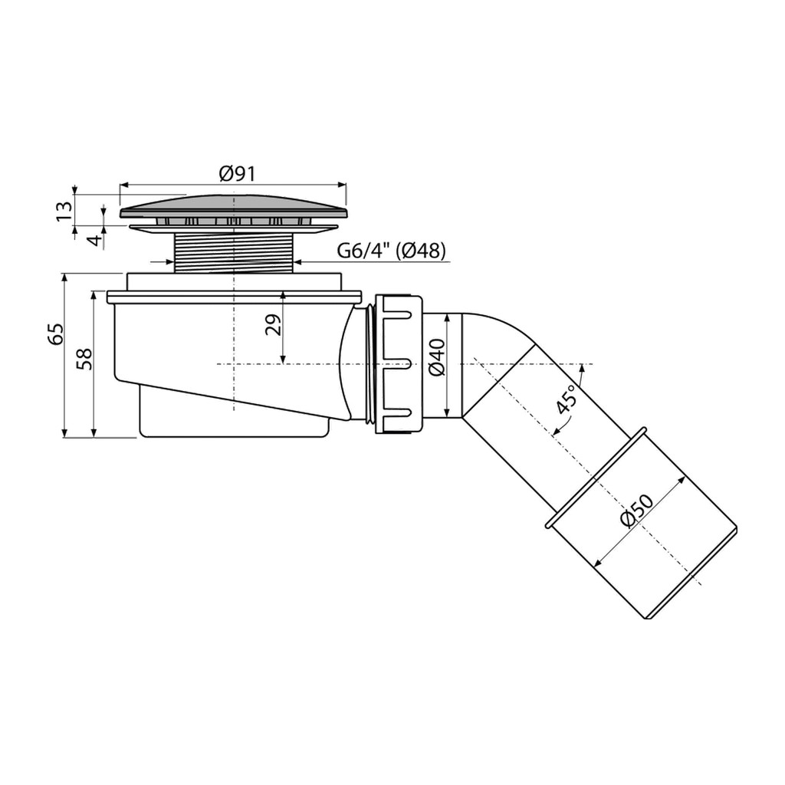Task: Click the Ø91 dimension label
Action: pos(237,174)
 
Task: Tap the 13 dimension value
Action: pos(64,212)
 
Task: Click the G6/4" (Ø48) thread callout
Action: pos(391,251)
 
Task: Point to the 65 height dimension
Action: pos(56,334)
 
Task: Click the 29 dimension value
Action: pos(274,325)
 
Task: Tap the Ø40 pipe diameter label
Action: pos(437,357)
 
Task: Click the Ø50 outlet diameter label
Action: pos(637,511)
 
